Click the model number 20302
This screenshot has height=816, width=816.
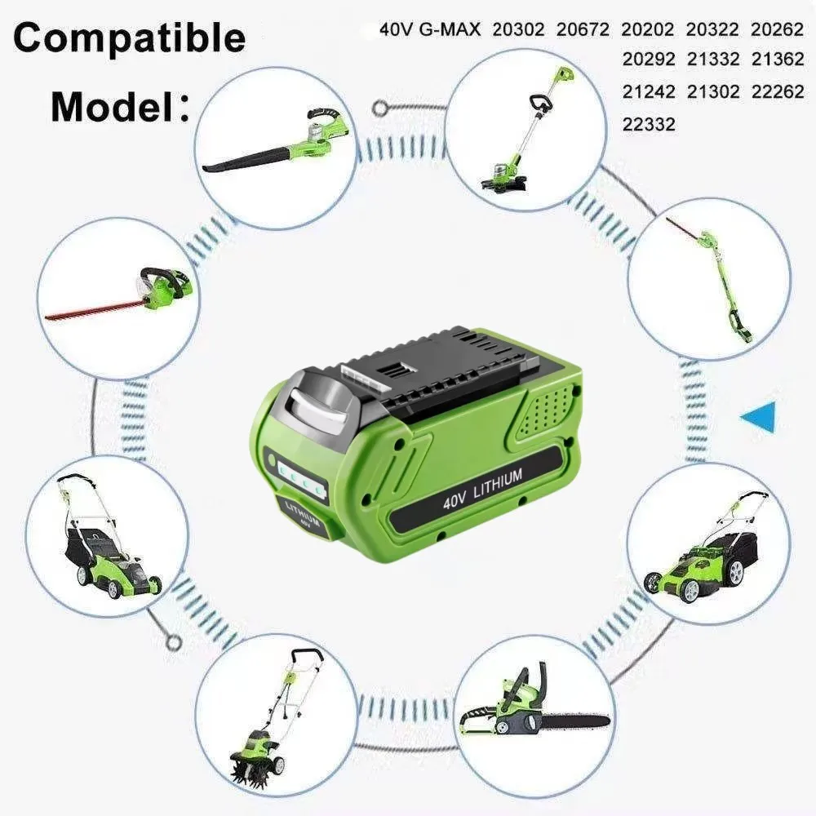(520, 30)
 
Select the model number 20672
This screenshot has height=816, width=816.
(584, 30)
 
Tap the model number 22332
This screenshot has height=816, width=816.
(649, 124)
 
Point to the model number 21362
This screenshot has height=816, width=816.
(778, 60)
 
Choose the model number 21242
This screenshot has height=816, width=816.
(649, 91)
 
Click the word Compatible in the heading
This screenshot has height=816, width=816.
(130, 38)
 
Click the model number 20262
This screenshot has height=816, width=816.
(778, 30)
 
